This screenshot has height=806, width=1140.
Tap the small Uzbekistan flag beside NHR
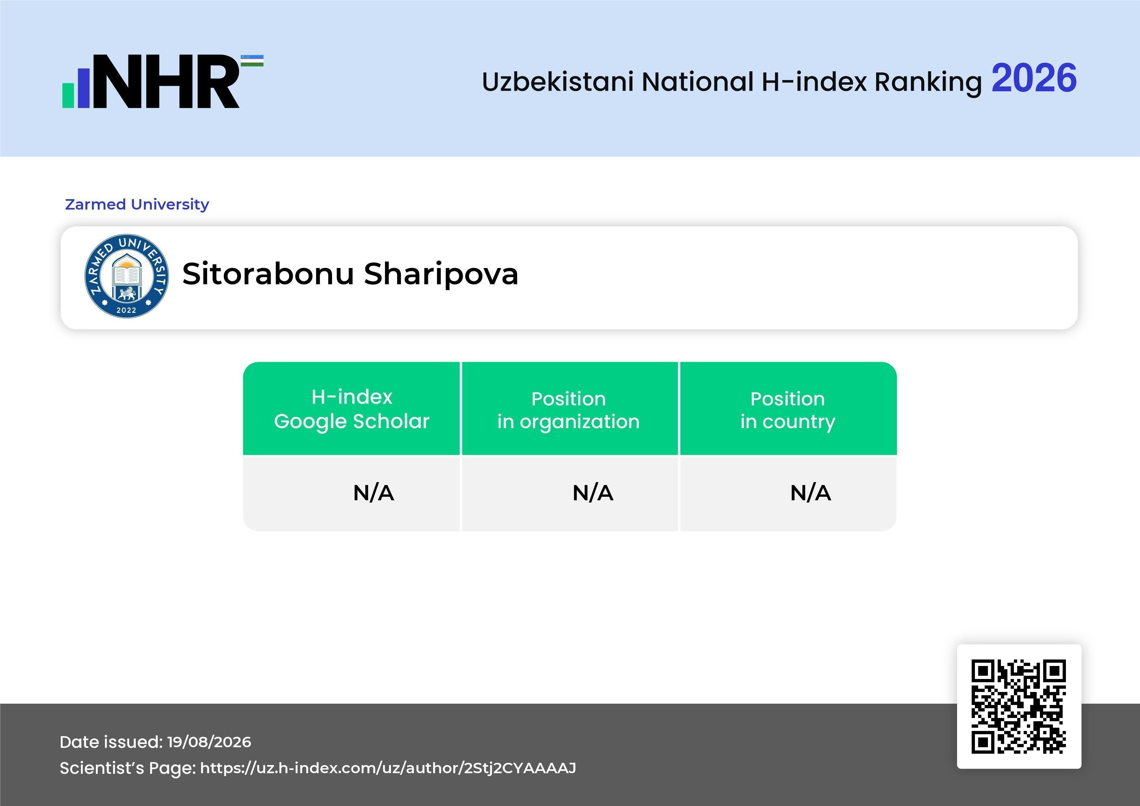pyautogui.click(x=252, y=60)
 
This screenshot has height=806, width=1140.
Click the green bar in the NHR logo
pyautogui.click(x=68, y=95)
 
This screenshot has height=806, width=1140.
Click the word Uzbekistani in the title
pyautogui.click(x=558, y=82)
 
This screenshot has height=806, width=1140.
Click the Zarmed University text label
pyautogui.click(x=137, y=204)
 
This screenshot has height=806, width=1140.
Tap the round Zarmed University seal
pyautogui.click(x=127, y=276)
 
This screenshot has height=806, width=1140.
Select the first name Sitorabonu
pyautogui.click(x=268, y=274)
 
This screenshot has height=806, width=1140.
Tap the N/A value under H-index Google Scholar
pyautogui.click(x=373, y=493)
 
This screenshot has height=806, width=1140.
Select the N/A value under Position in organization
pyautogui.click(x=593, y=493)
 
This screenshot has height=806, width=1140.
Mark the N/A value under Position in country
pyautogui.click(x=810, y=493)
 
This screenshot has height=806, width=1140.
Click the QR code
pyautogui.click(x=1019, y=707)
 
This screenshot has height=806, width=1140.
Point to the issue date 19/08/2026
pyautogui.click(x=209, y=742)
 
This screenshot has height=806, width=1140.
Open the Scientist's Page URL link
pyautogui.click(x=388, y=768)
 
